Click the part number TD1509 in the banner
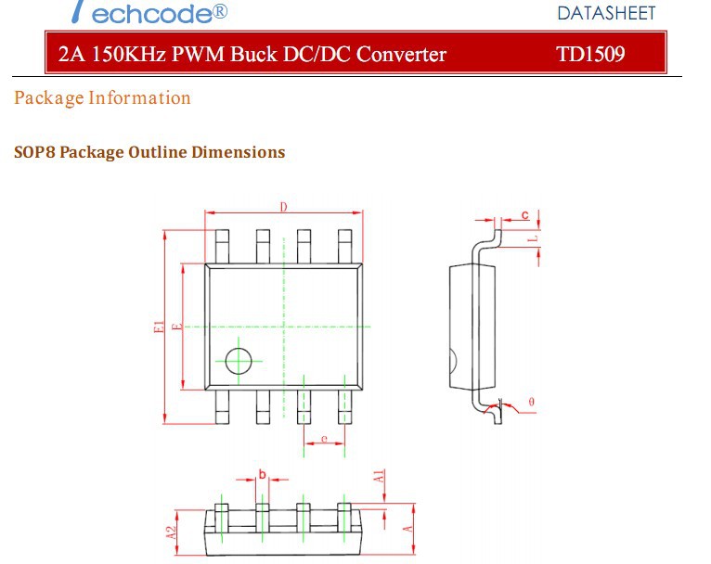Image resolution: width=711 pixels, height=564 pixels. click(x=590, y=54)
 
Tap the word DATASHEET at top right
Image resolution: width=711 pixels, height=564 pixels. click(x=606, y=13)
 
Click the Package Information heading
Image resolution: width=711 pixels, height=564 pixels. click(x=103, y=98)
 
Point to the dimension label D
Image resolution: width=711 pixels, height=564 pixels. click(x=283, y=206)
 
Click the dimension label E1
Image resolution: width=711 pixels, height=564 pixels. click(x=160, y=327)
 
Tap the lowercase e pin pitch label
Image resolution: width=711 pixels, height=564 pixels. click(x=324, y=438)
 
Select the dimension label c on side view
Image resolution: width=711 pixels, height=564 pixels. click(x=524, y=215)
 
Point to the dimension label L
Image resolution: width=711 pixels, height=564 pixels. click(x=532, y=238)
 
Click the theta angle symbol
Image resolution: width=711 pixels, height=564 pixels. click(x=531, y=402)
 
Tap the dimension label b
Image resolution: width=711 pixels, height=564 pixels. click(x=262, y=475)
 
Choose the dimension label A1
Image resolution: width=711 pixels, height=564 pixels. click(x=379, y=477)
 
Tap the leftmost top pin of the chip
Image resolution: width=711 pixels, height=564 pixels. click(x=222, y=247)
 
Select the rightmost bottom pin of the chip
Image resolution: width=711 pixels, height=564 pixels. click(x=345, y=405)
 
